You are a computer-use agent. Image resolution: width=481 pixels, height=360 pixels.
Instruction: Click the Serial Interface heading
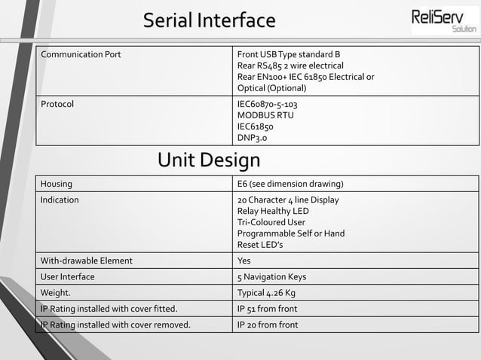coord(209,20)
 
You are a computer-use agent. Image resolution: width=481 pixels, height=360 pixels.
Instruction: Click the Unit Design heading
coord(209,160)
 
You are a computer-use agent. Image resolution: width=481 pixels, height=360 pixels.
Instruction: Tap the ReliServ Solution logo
coord(444,20)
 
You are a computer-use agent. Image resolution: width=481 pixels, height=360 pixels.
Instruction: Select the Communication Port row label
coord(81,55)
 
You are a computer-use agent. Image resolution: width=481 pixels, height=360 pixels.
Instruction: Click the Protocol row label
coord(57,104)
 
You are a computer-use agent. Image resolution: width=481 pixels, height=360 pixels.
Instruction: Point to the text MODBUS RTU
coord(265,115)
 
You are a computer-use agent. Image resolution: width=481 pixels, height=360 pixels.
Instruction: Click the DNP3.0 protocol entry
coord(252,138)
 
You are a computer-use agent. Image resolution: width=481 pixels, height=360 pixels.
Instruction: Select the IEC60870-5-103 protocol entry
coord(272,104)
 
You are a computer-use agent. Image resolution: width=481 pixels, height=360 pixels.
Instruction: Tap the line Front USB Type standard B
coord(289,55)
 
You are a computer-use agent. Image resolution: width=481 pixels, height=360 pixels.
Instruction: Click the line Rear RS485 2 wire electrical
coord(290,66)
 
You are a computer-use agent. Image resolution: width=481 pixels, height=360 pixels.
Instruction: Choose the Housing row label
coord(57,184)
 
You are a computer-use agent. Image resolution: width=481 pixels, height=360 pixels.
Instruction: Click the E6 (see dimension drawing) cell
coord(290,184)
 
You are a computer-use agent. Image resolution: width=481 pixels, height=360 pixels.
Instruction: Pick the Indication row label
coord(60,200)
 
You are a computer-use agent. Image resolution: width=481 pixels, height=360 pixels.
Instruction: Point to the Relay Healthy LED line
coord(273,211)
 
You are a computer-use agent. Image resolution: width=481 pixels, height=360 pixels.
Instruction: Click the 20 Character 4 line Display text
coord(288,200)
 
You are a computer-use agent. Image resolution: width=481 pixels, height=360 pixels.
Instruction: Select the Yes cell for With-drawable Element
coord(244,261)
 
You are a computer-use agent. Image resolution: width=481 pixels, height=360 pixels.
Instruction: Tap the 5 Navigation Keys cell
coord(271,276)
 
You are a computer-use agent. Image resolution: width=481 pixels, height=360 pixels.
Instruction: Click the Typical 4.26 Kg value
coord(266,292)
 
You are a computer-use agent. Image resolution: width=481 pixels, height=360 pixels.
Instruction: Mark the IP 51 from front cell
coord(267,309)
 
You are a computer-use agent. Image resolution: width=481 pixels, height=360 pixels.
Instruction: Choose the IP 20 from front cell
coord(268,325)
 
